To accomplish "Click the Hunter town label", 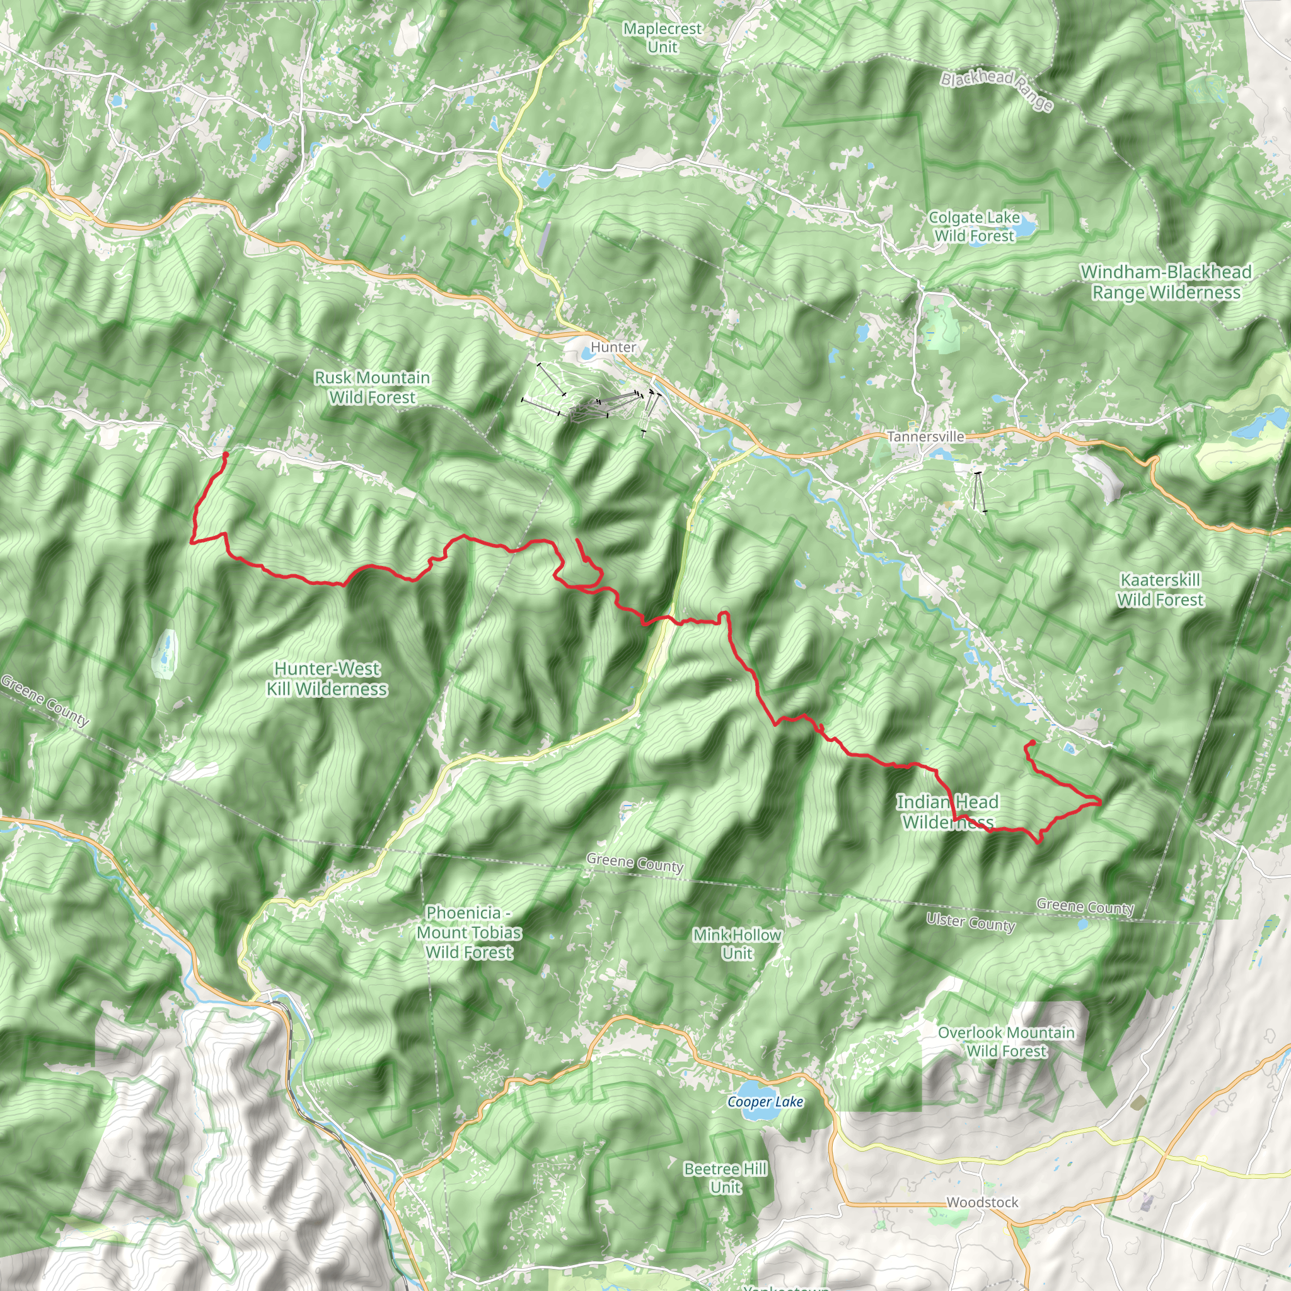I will point(613,347).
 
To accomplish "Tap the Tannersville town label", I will point(925,437).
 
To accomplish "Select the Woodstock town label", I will point(981,1202).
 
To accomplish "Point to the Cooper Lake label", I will point(765,1102).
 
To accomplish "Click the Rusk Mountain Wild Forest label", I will point(372,388).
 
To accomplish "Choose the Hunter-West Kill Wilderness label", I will point(327,678).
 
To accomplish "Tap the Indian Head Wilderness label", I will point(947,812).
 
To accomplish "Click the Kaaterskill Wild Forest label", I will point(1160,590).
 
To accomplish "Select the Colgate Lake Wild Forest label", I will point(975,226).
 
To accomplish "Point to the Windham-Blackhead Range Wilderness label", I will point(1166,282).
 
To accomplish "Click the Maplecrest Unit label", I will point(663,38).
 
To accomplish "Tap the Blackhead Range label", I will point(997,90).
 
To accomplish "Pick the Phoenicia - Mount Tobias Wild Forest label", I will point(469,932).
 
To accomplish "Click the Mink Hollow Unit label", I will point(736,944).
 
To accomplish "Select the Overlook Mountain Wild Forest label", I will point(1005,1042).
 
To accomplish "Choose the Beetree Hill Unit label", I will point(725,1178).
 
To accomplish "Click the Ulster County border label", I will point(970,923).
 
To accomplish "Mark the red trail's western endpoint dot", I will point(225,455).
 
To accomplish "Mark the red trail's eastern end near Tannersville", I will point(1033,743).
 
